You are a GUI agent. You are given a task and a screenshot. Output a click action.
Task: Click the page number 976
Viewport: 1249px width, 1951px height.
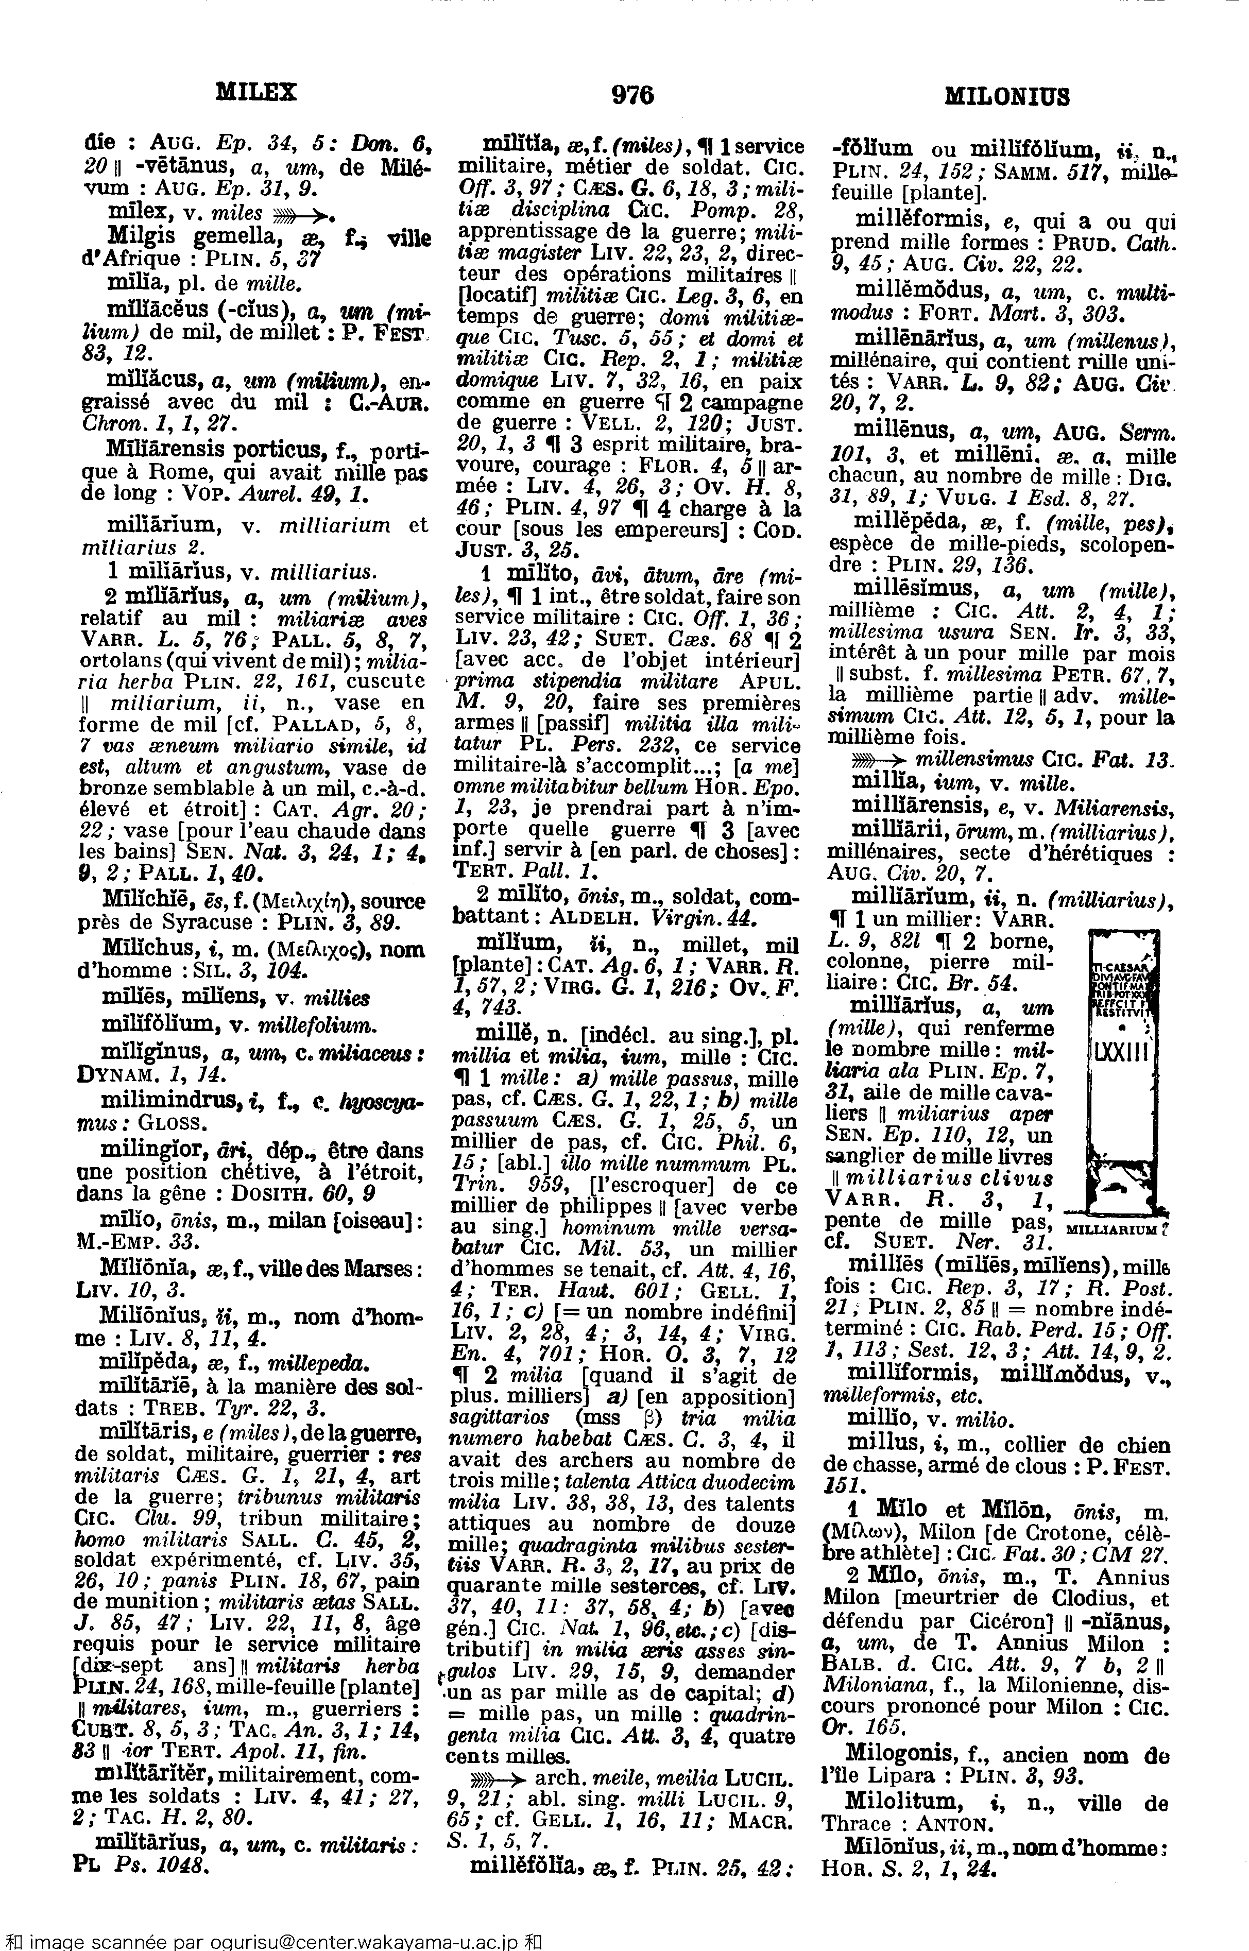tap(632, 96)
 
